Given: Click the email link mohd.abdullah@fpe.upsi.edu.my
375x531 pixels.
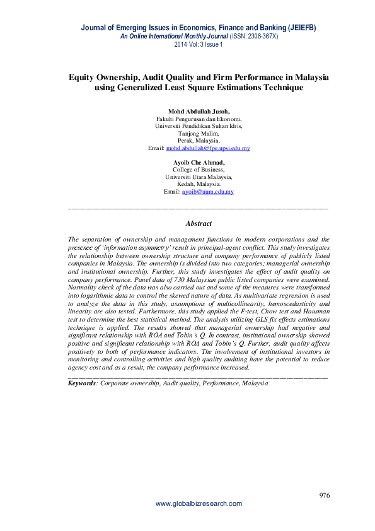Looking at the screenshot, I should click(x=208, y=148).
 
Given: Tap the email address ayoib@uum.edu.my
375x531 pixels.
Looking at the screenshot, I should click(x=208, y=191).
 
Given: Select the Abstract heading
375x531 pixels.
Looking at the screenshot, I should click(x=199, y=223).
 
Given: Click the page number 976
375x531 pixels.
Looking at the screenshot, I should click(x=325, y=495).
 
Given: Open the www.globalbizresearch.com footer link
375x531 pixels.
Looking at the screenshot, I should click(x=199, y=504).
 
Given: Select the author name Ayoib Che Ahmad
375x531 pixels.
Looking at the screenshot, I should click(x=199, y=162).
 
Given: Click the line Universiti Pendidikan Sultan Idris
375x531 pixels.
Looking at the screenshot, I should click(x=199, y=125).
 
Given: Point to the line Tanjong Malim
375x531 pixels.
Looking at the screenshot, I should click(x=199, y=133).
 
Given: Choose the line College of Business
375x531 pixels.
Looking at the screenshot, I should click(x=199, y=170).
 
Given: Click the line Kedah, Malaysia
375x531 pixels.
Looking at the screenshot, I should click(x=199, y=184).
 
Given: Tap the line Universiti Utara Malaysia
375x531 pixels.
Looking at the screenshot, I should click(x=199, y=177).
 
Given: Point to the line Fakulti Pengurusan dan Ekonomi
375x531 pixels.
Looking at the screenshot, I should click(x=199, y=119).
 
